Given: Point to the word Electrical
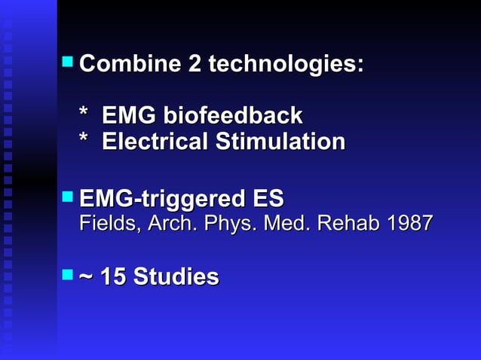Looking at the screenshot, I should point(154,142).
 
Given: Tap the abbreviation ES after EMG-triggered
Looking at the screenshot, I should point(268,200).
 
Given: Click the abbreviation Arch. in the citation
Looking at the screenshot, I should point(158,224).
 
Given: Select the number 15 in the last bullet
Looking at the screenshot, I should point(114,277).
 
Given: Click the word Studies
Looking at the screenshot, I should point(176,277).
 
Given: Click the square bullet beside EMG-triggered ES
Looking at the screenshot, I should point(68,196).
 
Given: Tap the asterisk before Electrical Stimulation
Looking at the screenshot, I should point(85,142).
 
